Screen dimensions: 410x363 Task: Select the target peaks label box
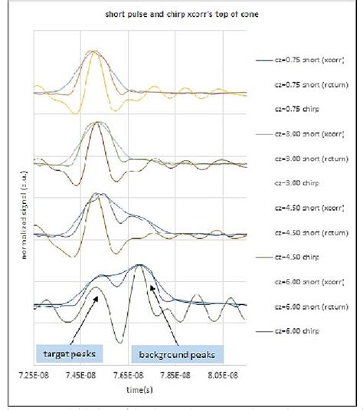click(70, 353)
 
